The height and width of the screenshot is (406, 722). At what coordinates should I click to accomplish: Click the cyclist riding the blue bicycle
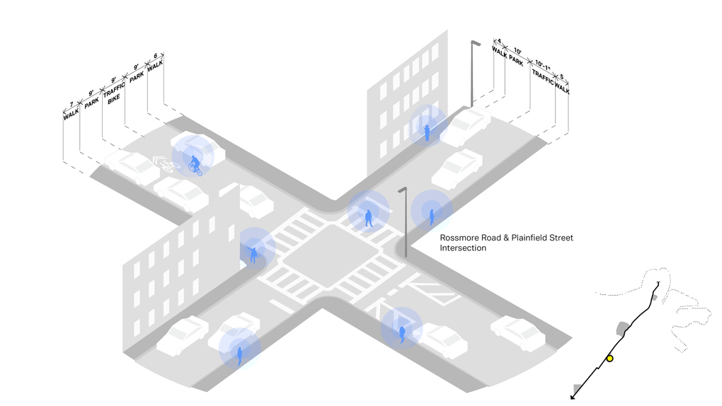pos(194,165)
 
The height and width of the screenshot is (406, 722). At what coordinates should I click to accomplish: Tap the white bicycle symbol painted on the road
pos(168,166)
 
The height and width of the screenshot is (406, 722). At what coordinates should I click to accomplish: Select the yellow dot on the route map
pos(609,359)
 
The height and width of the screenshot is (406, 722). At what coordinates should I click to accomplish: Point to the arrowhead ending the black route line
pos(573,397)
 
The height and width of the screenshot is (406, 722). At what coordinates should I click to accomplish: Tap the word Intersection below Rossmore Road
pos(463,249)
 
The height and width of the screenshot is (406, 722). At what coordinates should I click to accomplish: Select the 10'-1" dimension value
pos(543,63)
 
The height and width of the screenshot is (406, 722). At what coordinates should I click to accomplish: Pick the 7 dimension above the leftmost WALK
pos(71,104)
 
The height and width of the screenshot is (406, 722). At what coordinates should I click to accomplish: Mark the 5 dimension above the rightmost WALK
pos(561,76)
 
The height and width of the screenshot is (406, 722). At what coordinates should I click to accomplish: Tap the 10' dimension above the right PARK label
pos(517,52)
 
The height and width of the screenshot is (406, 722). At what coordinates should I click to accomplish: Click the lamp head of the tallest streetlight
pos(476,42)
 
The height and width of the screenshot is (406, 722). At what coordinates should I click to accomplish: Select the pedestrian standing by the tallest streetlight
pos(428,132)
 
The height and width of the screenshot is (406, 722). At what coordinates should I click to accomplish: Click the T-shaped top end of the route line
pos(658,283)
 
